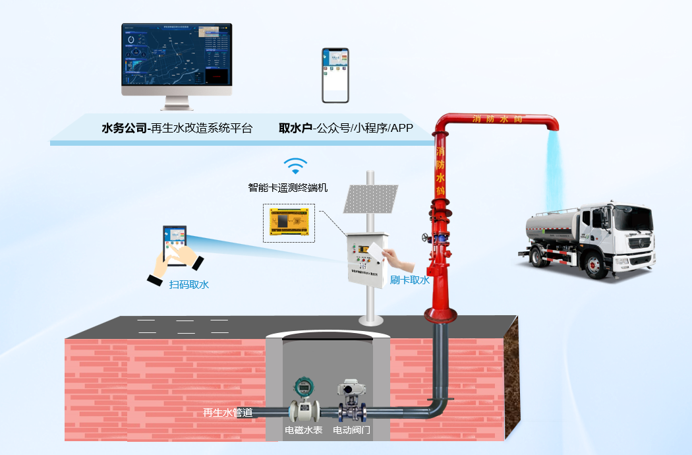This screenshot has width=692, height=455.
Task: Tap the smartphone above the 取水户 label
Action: tap(335, 75)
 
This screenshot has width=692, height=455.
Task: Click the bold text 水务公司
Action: tap(125, 128)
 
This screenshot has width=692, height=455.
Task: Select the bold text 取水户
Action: tap(295, 128)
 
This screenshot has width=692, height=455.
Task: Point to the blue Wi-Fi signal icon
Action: tap(295, 166)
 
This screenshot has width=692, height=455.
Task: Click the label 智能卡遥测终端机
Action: tap(287, 187)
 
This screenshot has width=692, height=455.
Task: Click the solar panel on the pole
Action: tap(370, 198)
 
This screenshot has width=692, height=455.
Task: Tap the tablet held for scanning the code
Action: tap(175, 245)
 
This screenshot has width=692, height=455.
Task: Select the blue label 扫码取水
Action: tap(189, 284)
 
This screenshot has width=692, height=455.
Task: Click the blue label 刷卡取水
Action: tap(409, 280)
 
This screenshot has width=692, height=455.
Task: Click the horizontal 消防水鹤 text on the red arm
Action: tap(498, 119)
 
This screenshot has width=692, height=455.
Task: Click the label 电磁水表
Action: tap(303, 430)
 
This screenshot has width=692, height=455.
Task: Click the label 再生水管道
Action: tap(227, 413)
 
